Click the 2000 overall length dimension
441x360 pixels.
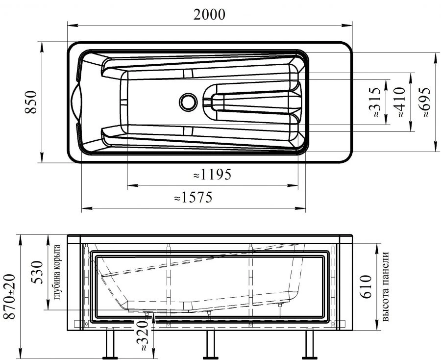[x=209, y=15]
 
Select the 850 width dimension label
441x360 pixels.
[x=31, y=102]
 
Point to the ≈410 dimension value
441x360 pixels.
[x=399, y=102]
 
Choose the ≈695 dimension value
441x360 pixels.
[x=424, y=102]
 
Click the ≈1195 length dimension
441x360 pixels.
[x=212, y=174]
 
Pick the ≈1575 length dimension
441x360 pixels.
[x=194, y=198]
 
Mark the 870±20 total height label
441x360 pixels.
[x=10, y=297]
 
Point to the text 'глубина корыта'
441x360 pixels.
[x=57, y=272]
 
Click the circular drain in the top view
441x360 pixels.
[x=187, y=102]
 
